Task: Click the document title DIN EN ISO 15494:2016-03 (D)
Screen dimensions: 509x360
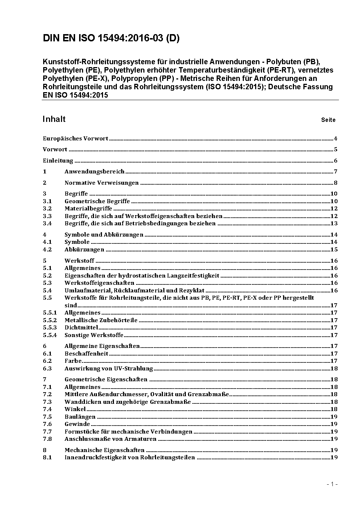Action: (111, 38)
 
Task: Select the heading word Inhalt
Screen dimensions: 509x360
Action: (54, 119)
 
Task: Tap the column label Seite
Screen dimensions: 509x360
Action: (328, 120)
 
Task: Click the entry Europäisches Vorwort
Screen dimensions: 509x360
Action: (75, 138)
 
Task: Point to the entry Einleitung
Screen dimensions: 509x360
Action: (58, 161)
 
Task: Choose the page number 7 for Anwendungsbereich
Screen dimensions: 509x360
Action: (336, 172)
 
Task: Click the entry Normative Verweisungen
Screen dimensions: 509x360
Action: (102, 183)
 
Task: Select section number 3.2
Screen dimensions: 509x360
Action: (47, 209)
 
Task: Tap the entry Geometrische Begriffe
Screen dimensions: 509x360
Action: (97, 201)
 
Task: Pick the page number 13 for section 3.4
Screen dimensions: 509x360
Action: (334, 223)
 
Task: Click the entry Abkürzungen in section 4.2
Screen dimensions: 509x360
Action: (84, 250)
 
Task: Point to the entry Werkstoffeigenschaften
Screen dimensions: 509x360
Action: (99, 283)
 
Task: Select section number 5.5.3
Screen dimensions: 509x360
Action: (50, 328)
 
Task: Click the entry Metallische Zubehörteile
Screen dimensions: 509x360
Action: (101, 320)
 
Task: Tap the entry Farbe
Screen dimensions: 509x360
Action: (73, 361)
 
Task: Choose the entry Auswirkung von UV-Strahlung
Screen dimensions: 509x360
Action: (109, 369)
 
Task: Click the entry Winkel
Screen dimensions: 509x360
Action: (75, 409)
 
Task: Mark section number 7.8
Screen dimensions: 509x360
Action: (47, 439)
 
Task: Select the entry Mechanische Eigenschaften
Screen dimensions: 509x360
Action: (104, 450)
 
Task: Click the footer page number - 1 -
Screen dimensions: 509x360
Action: (332, 484)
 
